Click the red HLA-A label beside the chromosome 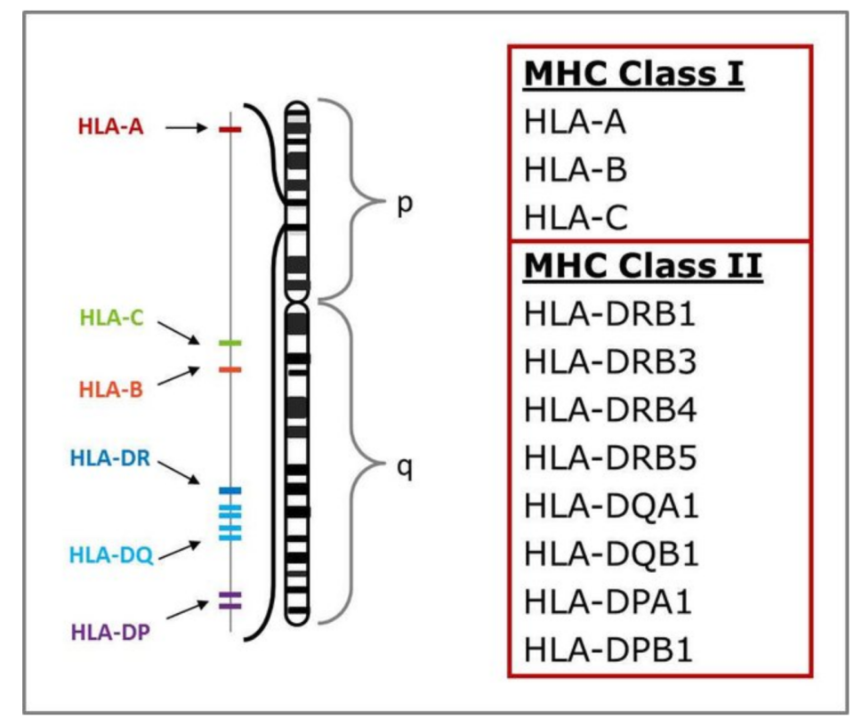110,126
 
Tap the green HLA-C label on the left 111,318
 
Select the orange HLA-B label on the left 111,390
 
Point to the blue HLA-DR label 110,457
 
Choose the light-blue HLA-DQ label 111,555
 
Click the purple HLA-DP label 110,632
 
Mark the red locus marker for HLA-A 230,130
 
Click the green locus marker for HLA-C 230,343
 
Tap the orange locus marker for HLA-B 230,369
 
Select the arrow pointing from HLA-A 187,128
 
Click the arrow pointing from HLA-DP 188,610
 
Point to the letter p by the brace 405,205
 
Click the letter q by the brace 405,469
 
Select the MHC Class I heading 634,74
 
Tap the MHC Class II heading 643,266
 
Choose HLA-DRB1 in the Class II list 609,314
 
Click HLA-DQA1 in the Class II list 611,506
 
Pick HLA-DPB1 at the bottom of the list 608,650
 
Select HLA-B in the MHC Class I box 576,169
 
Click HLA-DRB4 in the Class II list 610,409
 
